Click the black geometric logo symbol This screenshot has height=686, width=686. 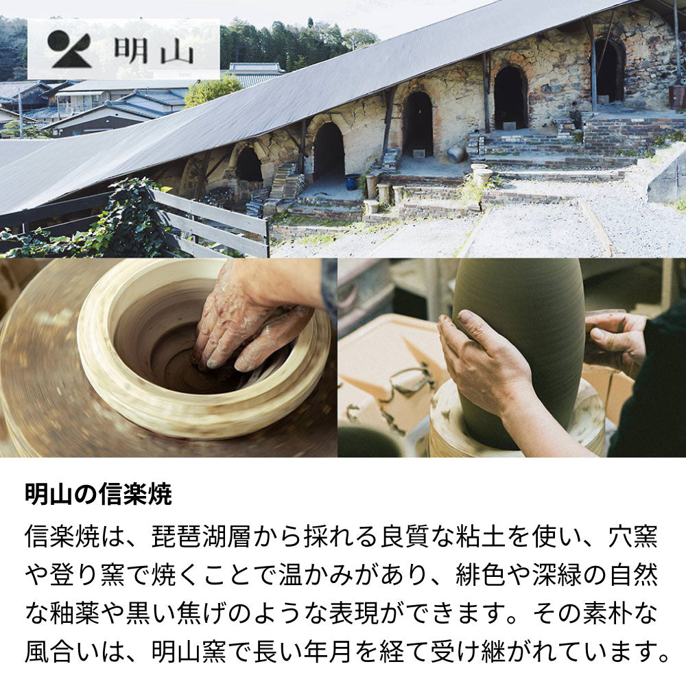click(69, 49)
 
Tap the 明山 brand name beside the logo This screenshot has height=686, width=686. click(154, 50)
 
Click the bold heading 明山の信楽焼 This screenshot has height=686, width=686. click(98, 494)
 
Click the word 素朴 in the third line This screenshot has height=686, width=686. click(608, 613)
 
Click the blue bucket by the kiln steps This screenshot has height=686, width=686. click(352, 182)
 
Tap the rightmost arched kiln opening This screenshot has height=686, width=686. click(608, 70)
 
